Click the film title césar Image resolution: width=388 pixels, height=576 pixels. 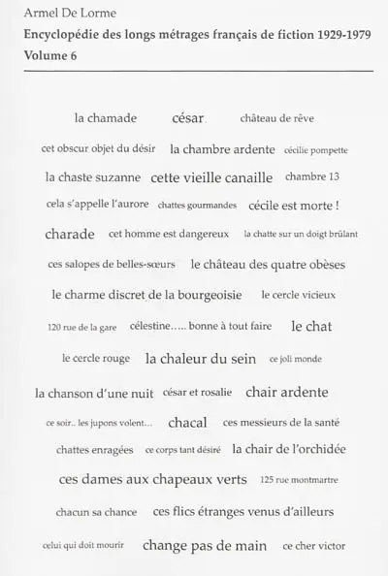[188, 118]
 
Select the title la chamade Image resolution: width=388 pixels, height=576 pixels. [106, 118]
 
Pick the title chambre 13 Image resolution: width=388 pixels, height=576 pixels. [320, 177]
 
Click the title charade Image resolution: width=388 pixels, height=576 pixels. [70, 234]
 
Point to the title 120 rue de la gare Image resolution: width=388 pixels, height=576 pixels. [81, 328]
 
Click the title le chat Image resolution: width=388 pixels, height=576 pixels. [311, 326]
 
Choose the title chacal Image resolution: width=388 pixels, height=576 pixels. [187, 422]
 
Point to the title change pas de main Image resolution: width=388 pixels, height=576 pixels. [205, 546]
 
